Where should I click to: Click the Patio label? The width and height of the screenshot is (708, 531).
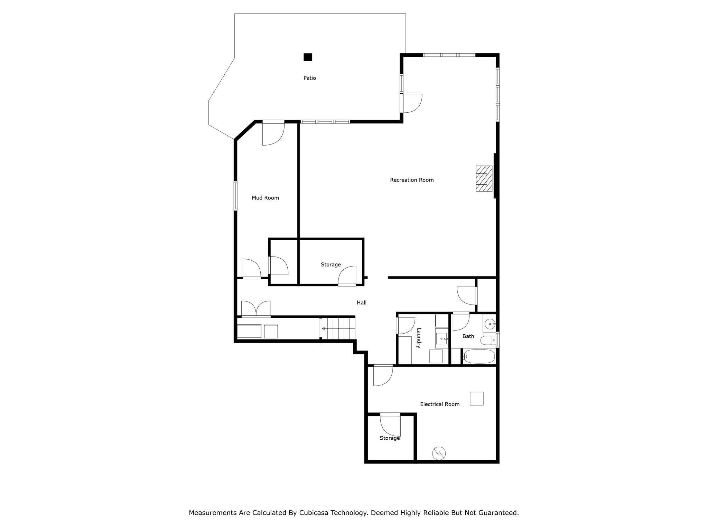click(x=309, y=78)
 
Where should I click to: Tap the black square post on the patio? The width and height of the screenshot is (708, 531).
click(x=308, y=57)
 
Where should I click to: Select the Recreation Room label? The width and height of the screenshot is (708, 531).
click(x=411, y=180)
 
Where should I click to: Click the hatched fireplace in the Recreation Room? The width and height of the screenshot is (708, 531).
click(x=484, y=178)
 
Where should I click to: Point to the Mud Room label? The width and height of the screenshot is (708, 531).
click(x=265, y=198)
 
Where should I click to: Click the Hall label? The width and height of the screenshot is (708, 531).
click(x=361, y=302)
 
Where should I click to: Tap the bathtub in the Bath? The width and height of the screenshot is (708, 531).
click(x=479, y=356)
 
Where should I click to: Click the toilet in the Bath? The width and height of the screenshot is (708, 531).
click(x=487, y=340)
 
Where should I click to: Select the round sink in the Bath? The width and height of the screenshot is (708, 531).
click(x=490, y=324)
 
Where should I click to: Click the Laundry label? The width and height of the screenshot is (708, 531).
click(x=419, y=338)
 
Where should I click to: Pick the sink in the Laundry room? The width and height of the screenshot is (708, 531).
click(x=441, y=338)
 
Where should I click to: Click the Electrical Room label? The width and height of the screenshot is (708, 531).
click(x=439, y=404)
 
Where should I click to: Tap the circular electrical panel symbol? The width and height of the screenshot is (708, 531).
click(x=439, y=453)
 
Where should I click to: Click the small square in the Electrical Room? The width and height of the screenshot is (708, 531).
click(x=476, y=398)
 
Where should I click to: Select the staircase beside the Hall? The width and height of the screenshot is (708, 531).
click(x=338, y=328)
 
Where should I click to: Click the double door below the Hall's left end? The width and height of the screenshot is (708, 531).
click(x=256, y=309)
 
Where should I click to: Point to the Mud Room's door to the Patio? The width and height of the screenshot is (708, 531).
click(x=273, y=133)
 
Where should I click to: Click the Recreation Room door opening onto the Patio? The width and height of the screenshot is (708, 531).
click(x=411, y=103)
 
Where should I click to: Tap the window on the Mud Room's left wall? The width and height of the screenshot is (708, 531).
click(x=235, y=196)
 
